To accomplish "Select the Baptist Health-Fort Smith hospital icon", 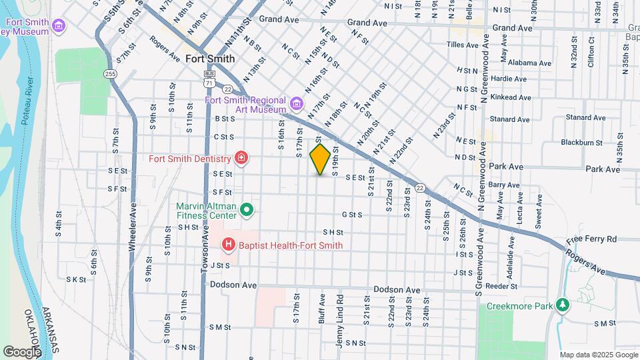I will click(229, 245).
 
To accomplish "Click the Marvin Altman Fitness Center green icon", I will click(247, 211).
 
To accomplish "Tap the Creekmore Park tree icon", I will click(563, 305).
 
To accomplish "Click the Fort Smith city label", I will click(210, 59).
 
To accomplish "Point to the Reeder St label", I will click(502, 286).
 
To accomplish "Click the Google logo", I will click(22, 351).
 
